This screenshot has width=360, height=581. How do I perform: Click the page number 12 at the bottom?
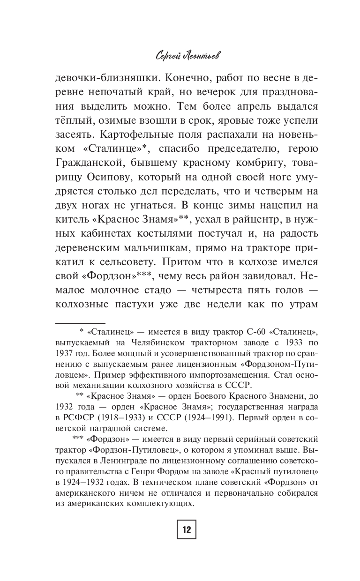(x=186, y=530)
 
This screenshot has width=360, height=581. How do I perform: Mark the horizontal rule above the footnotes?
(x=74, y=323)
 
